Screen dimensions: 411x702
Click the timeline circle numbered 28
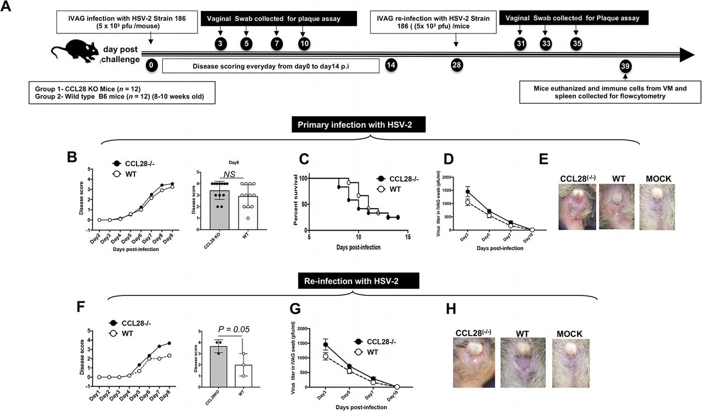pos(456,66)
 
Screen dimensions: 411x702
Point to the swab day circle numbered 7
pos(276,43)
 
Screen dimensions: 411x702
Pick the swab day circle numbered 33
pos(546,44)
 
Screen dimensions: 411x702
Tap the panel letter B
pos(71,157)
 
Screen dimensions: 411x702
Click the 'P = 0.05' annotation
pos(234,329)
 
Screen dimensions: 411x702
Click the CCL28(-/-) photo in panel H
pos(474,362)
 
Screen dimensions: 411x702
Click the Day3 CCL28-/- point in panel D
pos(467,192)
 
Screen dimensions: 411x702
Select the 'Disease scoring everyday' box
pos(271,66)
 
